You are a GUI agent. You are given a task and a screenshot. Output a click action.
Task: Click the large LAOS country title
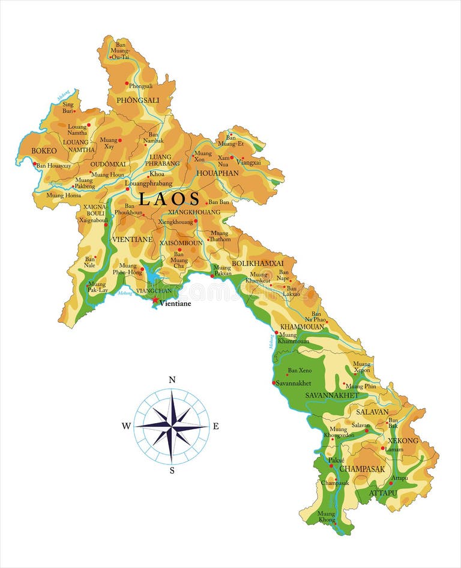[x=169, y=199]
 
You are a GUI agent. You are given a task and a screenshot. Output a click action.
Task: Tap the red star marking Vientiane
[x=155, y=299]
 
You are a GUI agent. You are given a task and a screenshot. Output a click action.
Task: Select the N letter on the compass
[x=172, y=379]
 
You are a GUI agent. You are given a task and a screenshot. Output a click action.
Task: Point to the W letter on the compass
[x=126, y=426]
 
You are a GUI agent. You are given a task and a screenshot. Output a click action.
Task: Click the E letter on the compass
[x=216, y=426]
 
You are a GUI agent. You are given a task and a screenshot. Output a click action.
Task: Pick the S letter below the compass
[x=172, y=471]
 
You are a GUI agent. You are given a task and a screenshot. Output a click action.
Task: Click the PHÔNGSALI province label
[x=137, y=100]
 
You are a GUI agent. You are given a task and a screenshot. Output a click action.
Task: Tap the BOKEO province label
[x=44, y=151]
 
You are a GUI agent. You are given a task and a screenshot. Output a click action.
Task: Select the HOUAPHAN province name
[x=217, y=173]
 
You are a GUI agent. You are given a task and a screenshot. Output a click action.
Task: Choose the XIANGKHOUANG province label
[x=194, y=212]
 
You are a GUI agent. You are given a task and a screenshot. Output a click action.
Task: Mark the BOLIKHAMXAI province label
[x=258, y=263]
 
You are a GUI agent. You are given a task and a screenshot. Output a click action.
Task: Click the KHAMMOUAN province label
[x=303, y=326]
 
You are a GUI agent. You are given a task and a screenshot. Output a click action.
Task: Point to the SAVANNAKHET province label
[x=332, y=395]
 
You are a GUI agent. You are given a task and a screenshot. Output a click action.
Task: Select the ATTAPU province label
[x=383, y=493]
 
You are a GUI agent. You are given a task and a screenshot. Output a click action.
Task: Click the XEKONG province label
[x=403, y=441]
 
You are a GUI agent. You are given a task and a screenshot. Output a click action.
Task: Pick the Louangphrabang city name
[x=148, y=183]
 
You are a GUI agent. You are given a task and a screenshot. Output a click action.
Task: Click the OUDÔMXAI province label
[x=108, y=164]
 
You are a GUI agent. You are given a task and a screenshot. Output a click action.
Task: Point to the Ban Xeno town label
[x=300, y=371]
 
